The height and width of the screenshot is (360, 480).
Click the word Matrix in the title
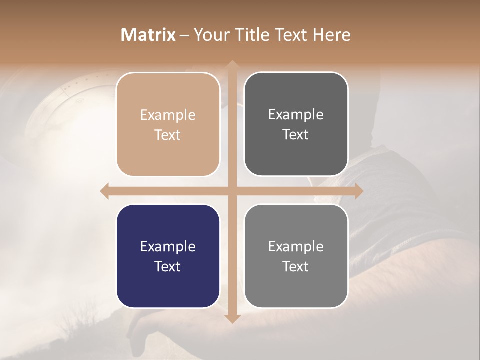point(148,35)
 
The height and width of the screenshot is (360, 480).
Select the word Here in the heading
point(331,35)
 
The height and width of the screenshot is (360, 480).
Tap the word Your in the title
point(211,35)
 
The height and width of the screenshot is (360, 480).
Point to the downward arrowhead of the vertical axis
point(232,318)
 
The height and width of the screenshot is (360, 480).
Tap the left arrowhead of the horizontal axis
point(104,191)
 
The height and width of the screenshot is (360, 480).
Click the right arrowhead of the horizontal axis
point(359,191)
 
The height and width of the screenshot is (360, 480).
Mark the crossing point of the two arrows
point(232,191)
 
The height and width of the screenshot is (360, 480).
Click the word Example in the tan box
point(168,115)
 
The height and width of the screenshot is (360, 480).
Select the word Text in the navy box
point(168,266)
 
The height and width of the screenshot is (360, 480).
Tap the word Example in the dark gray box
point(296,115)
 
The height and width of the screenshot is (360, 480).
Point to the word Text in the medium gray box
point(296,266)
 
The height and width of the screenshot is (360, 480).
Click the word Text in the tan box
point(168,135)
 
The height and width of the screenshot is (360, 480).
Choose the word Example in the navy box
point(168,246)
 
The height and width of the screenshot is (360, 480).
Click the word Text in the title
point(289,35)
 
